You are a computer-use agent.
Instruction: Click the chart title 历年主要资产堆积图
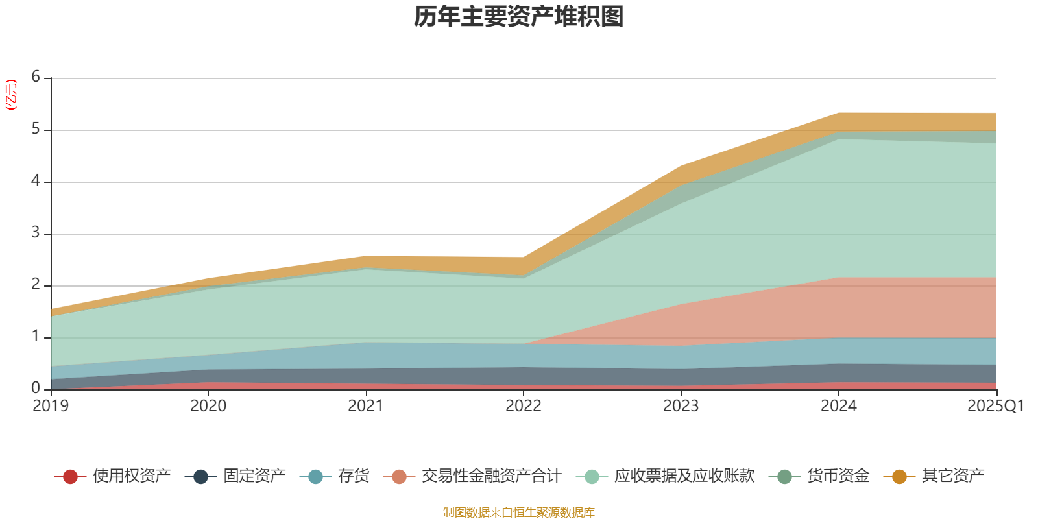pos(519,18)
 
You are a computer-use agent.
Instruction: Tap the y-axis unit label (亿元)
pos(11,95)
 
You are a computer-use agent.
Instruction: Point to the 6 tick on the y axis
pos(36,77)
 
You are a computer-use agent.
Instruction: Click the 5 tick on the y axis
pos(36,129)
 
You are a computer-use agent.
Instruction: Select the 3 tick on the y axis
pos(36,233)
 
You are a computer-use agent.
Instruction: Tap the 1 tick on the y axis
pos(36,337)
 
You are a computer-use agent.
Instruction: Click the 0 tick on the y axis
pos(36,389)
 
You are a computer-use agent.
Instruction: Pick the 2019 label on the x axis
pos(51,406)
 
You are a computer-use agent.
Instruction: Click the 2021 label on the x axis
pos(366,406)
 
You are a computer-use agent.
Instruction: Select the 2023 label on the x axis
pos(681,406)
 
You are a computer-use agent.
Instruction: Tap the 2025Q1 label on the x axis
pos(995,406)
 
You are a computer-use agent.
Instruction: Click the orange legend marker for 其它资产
pos(899,477)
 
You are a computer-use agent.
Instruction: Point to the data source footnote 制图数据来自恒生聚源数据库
pos(519,513)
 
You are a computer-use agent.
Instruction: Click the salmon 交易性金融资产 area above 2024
pos(838,308)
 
